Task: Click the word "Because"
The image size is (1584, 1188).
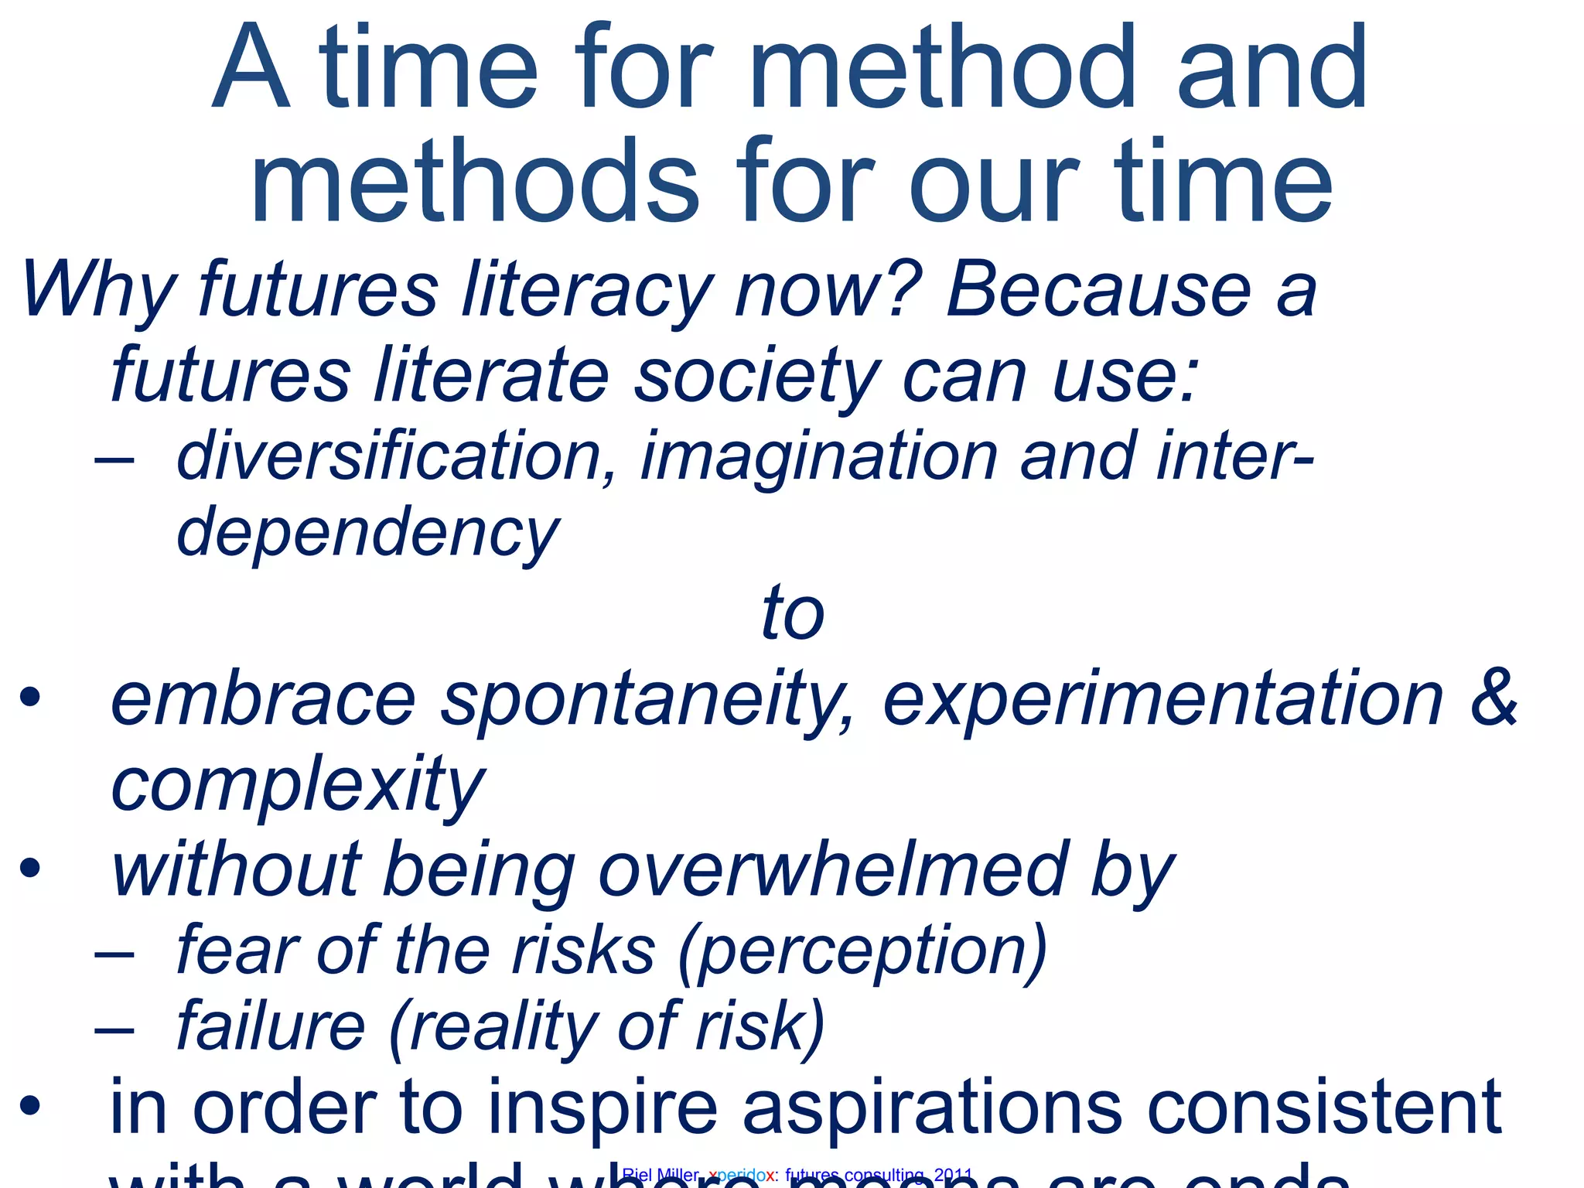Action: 1098,289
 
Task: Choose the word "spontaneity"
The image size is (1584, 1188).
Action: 648,701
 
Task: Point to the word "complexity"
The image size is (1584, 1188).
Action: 298,786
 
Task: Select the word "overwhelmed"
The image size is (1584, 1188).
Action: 832,869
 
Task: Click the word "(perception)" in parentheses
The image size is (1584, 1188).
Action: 862,951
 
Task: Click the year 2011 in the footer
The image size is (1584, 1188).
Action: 953,1176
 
